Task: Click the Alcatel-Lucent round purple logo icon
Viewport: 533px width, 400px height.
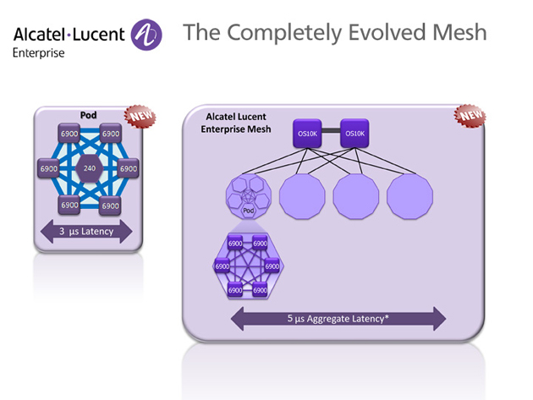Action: pyautogui.click(x=147, y=36)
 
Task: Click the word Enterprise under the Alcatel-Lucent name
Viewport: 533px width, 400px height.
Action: pyautogui.click(x=36, y=52)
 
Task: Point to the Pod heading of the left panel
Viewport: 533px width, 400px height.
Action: pyautogui.click(x=87, y=113)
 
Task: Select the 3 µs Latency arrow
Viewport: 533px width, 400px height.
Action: pyautogui.click(x=87, y=232)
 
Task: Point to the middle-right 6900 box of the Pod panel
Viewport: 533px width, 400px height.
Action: pyautogui.click(x=128, y=169)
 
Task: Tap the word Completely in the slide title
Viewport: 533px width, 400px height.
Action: pyautogui.click(x=273, y=33)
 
